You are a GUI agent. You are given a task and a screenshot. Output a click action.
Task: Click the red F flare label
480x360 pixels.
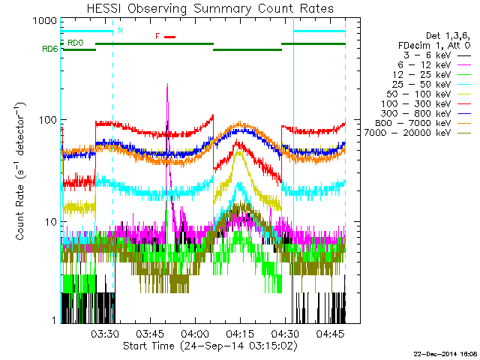(157, 36)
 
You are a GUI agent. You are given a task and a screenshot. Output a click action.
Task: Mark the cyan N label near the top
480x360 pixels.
(120, 30)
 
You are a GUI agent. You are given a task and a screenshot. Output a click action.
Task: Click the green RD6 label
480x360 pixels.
(49, 49)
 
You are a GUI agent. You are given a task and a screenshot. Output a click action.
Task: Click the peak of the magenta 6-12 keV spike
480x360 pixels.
(167, 85)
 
